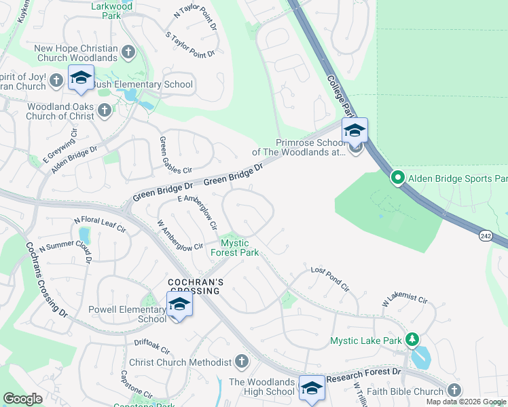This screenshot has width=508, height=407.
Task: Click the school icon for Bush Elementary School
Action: (x=81, y=78)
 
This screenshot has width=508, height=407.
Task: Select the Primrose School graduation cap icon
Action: (x=355, y=130)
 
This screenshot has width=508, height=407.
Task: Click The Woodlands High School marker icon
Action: (x=312, y=389)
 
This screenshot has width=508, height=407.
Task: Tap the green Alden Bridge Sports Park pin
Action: (x=397, y=178)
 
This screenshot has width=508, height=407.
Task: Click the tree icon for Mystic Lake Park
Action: (x=412, y=339)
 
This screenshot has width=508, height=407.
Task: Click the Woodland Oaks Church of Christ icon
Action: (x=105, y=110)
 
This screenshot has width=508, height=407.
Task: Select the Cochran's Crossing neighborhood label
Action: (x=194, y=286)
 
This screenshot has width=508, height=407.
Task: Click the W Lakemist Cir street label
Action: (x=405, y=298)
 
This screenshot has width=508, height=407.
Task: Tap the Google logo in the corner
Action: (x=22, y=399)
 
